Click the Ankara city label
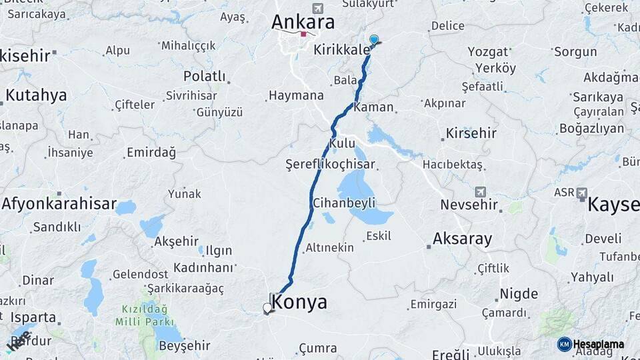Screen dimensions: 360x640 click(x=303, y=23)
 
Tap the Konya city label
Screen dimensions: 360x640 click(x=300, y=303)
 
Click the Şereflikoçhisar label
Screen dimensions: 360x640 click(x=331, y=164)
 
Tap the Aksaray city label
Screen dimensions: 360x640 click(x=462, y=239)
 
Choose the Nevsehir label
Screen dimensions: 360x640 click(x=469, y=205)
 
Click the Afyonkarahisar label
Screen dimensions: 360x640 click(x=59, y=204)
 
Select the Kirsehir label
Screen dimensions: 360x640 click(x=472, y=133)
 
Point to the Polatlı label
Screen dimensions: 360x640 click(x=205, y=77)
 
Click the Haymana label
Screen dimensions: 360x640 click(x=296, y=96)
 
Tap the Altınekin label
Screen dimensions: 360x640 click(x=329, y=248)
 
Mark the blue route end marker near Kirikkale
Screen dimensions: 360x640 click(x=374, y=40)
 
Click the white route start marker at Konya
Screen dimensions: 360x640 click(x=268, y=308)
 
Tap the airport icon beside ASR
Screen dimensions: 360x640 click(x=582, y=193)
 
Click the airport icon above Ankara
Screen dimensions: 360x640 click(x=317, y=8)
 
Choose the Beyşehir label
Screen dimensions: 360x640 click(x=185, y=345)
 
